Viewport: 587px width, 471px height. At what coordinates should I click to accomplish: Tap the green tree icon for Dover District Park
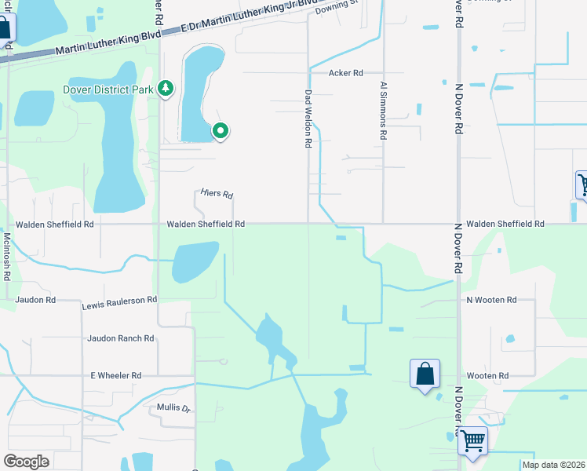pyautogui.click(x=165, y=88)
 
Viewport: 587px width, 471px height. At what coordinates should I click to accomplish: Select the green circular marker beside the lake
pyautogui.click(x=221, y=131)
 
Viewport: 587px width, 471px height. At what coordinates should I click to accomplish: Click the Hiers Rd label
pyautogui.click(x=217, y=194)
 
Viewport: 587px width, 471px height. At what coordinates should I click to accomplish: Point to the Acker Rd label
pyautogui.click(x=345, y=73)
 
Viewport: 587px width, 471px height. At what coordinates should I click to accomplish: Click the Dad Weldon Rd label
pyautogui.click(x=308, y=119)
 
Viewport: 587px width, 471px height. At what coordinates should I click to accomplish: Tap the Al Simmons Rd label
pyautogui.click(x=384, y=111)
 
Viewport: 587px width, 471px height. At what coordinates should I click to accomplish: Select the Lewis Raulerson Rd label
pyautogui.click(x=119, y=300)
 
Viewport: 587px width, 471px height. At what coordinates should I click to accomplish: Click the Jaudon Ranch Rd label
pyautogui.click(x=121, y=338)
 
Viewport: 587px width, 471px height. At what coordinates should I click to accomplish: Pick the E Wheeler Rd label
pyautogui.click(x=115, y=376)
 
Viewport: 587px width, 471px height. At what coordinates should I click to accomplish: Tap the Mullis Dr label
pyautogui.click(x=173, y=408)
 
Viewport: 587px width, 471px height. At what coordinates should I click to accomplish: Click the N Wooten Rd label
pyautogui.click(x=492, y=300)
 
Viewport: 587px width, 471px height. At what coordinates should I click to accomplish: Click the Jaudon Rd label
pyautogui.click(x=35, y=300)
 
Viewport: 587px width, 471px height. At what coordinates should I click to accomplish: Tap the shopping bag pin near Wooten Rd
pyautogui.click(x=425, y=373)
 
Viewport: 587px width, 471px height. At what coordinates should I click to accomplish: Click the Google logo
pyautogui.click(x=26, y=462)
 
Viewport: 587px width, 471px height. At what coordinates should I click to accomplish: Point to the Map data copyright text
pyautogui.click(x=553, y=465)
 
